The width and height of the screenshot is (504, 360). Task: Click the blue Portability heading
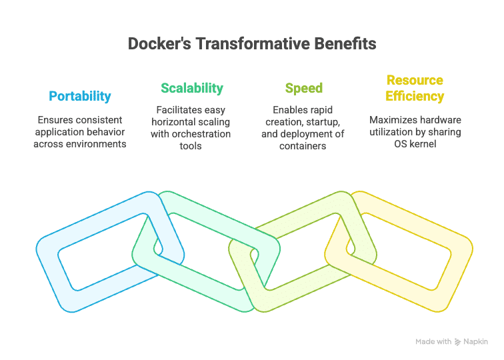80,96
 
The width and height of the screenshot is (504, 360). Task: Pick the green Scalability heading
192,88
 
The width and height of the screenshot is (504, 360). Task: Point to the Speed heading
303,88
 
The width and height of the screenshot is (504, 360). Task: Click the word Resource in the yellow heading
415,81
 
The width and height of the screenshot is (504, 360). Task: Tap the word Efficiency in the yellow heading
415,97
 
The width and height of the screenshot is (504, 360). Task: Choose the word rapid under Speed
320,110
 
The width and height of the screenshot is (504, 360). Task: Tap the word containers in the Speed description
303,146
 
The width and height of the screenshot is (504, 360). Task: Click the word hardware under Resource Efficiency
439,120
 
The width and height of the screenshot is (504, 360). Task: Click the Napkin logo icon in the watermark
458,342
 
